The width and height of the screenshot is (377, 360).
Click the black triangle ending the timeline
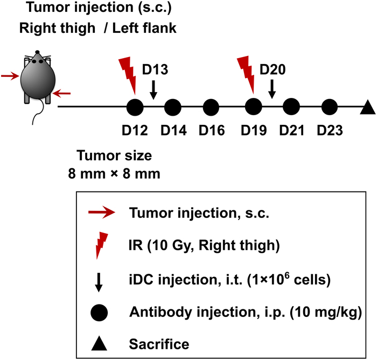(367, 108)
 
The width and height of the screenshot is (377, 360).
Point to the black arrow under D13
(153, 89)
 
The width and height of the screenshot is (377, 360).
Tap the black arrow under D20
(271, 89)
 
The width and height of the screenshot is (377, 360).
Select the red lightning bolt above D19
(247, 76)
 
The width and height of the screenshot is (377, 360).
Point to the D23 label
(330, 130)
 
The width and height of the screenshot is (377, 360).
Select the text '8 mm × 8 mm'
(114, 174)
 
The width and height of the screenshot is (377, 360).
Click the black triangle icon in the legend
(101, 340)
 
